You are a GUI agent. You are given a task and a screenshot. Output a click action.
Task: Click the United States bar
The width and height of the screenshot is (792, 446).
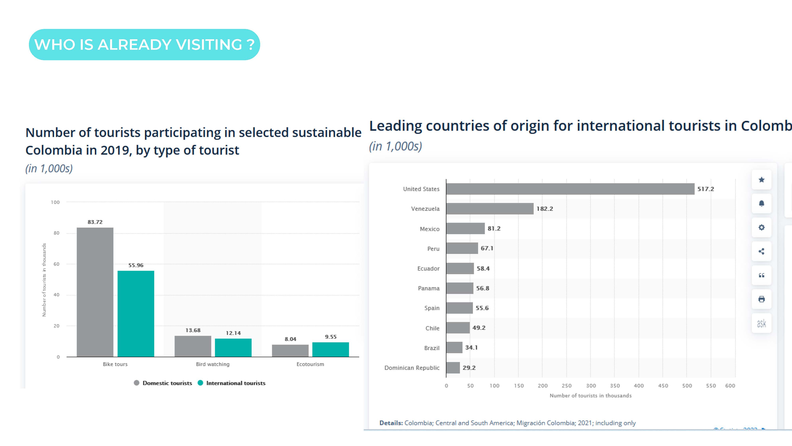[570, 189]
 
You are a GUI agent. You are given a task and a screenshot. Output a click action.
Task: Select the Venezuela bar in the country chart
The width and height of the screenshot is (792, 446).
[490, 209]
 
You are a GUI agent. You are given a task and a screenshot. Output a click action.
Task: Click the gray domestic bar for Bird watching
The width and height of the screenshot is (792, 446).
[193, 346]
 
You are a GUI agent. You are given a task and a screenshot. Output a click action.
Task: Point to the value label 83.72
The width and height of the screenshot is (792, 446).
[95, 222]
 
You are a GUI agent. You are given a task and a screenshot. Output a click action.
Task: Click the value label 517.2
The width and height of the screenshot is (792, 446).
[706, 189]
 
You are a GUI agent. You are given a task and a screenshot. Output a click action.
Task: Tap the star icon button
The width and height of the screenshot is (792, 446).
[761, 180]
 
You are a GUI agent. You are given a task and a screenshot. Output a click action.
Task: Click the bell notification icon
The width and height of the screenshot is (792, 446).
[761, 203]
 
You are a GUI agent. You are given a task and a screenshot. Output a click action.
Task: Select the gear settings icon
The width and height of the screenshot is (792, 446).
[761, 228]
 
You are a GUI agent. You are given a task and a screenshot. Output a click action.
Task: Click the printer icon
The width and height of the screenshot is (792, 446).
[761, 299]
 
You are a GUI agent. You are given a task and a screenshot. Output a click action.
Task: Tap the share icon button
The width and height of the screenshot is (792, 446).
[761, 252]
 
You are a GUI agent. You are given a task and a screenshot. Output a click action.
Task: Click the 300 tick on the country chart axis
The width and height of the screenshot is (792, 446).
[591, 386]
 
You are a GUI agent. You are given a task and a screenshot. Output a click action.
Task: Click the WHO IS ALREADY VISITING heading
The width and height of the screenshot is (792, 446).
[144, 45]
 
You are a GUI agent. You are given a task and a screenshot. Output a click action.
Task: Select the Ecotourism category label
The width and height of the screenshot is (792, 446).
[310, 364]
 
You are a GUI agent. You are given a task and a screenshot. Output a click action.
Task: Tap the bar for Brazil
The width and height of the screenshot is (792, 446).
[454, 347]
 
